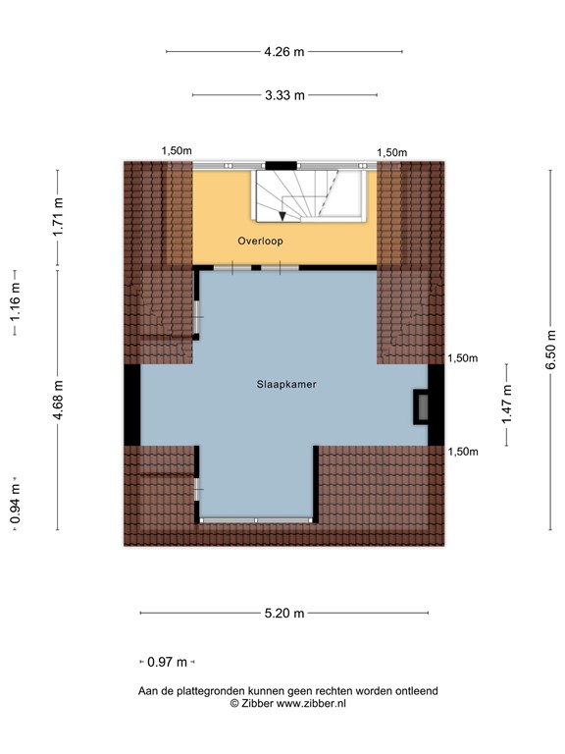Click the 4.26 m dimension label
283,51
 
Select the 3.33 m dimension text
284,95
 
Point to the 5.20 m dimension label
284,614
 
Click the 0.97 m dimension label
167,662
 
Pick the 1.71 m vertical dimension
58,218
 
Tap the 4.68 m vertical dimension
58,400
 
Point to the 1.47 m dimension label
506,404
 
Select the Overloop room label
258,241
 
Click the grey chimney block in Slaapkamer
422,405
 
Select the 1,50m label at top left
177,150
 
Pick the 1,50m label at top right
392,152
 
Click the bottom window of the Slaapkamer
256,521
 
